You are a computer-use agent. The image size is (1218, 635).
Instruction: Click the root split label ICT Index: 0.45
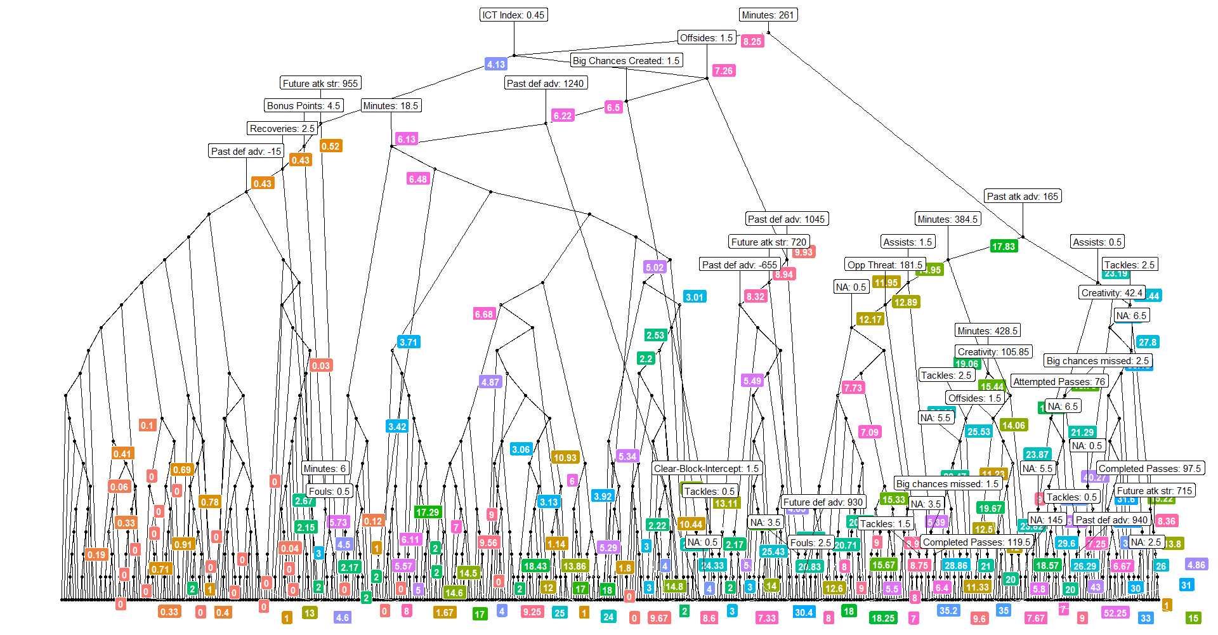(513, 15)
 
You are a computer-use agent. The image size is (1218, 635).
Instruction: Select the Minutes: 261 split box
(768, 15)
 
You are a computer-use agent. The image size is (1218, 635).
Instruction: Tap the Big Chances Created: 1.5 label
(625, 61)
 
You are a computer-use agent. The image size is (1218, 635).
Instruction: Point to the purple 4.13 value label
(496, 64)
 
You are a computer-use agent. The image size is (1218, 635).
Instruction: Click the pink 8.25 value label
(752, 41)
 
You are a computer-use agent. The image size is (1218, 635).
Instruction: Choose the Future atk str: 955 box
(320, 83)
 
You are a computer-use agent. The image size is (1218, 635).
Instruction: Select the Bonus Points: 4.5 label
(304, 106)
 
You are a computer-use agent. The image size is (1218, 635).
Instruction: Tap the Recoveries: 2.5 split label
(282, 129)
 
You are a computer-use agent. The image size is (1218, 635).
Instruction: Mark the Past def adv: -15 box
(246, 152)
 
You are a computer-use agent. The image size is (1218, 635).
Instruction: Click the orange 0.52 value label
(331, 146)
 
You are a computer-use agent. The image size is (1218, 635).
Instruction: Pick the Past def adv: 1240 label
(546, 83)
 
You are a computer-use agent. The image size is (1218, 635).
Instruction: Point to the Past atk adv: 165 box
(1023, 197)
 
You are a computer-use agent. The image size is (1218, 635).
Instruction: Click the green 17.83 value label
(1004, 246)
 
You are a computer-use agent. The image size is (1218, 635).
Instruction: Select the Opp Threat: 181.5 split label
(885, 265)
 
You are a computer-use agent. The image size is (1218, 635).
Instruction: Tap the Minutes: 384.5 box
(948, 219)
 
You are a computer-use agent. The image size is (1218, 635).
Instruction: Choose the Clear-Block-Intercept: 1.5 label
(707, 469)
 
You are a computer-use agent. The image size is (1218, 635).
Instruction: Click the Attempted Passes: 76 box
(1059, 382)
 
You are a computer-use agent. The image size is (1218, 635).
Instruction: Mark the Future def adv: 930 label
(823, 502)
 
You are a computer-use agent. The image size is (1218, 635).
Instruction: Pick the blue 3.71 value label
(409, 342)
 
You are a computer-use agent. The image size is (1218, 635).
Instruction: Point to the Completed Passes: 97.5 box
(1150, 469)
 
